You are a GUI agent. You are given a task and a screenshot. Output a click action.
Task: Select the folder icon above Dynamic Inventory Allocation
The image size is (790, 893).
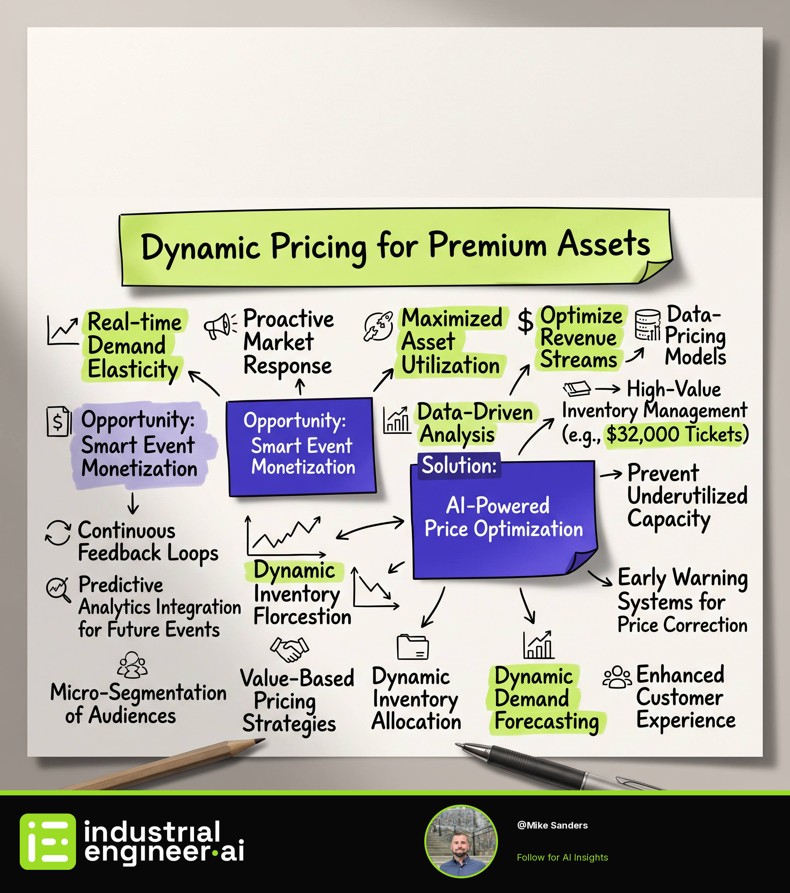click(x=413, y=646)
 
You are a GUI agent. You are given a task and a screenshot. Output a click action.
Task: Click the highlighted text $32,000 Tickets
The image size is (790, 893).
click(x=674, y=434)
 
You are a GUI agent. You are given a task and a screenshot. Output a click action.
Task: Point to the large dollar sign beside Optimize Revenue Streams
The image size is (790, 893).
click(x=525, y=321)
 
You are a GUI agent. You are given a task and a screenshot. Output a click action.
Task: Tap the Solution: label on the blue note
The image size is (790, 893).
click(x=459, y=465)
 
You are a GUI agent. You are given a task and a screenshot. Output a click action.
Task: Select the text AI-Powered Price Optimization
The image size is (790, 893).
click(x=503, y=517)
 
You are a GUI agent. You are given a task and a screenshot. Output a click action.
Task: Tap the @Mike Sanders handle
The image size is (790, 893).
click(x=552, y=825)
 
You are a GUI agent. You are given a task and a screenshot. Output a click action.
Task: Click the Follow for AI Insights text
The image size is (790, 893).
click(x=562, y=857)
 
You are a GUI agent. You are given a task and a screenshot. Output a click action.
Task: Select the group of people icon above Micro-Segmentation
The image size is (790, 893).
click(x=132, y=665)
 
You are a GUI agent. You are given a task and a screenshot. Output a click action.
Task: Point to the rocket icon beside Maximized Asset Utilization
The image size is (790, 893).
click(x=378, y=326)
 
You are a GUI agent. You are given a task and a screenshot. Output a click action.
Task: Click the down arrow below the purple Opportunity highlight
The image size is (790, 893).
click(x=133, y=503)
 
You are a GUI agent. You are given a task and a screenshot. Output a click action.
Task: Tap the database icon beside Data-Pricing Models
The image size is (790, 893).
click(x=648, y=325)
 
